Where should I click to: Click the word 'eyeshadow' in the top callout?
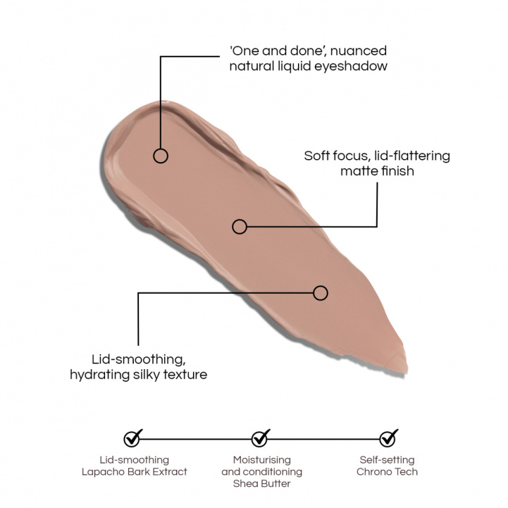pos(351,66)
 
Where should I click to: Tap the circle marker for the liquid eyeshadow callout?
pos(161,156)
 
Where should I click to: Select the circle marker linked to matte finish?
pos(240,226)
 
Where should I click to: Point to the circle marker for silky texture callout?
pos(321,293)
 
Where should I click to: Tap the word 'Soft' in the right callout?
pos(317,156)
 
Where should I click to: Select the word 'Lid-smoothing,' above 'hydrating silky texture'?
pos(139,359)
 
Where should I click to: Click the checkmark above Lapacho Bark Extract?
pos(133,438)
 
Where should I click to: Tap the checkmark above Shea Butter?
pos(261,438)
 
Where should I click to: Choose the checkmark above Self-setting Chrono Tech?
pos(388,438)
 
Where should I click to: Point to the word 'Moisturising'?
pos(262,460)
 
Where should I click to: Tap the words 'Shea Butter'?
pos(262,484)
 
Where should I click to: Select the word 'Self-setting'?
pos(387,460)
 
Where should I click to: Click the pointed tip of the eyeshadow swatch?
pos(407,373)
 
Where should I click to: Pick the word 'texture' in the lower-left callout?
pos(185,375)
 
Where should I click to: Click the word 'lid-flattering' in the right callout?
pos(412,156)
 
